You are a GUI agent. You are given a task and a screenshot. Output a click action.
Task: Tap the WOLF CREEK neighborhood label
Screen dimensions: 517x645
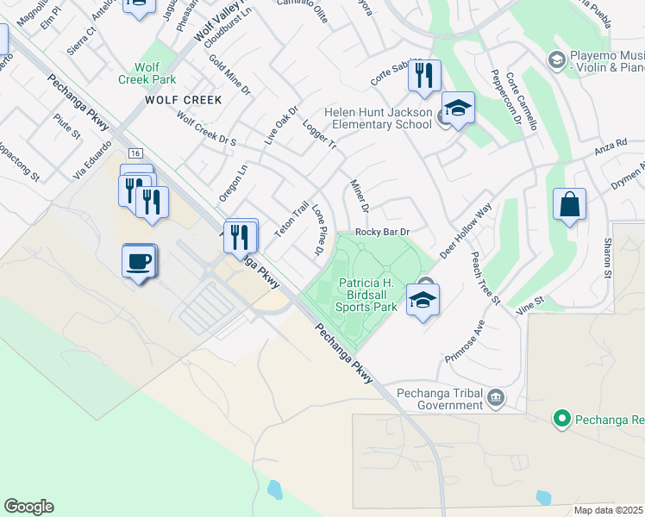pos(183,100)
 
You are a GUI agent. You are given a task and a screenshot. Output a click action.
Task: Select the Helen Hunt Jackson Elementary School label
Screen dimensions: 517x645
pos(378,118)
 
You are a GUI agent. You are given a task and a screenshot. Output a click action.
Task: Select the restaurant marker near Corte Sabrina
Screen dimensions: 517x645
pos(424,76)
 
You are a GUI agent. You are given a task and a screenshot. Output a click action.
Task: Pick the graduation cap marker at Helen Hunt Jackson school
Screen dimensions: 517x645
pos(458,109)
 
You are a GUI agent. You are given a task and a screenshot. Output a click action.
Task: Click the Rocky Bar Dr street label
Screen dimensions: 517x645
pos(381,232)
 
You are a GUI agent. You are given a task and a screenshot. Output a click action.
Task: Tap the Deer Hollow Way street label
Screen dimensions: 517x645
pos(466,231)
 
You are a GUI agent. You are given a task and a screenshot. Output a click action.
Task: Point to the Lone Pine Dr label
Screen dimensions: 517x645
pos(316,230)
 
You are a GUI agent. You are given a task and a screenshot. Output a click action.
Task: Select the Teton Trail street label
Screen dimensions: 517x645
pos(291,219)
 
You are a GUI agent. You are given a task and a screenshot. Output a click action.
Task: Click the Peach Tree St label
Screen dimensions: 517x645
pos(485,277)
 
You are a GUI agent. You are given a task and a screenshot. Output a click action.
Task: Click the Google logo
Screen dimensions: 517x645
pos(28,507)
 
